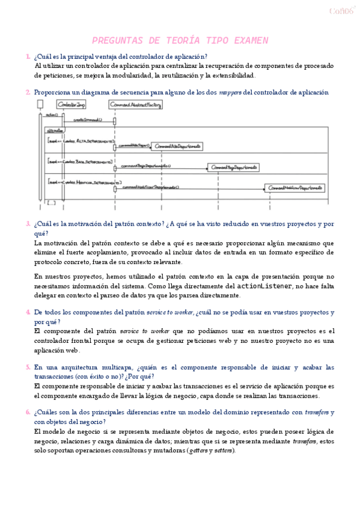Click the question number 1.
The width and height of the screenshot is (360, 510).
coord(28,57)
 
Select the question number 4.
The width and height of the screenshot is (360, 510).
coord(28,313)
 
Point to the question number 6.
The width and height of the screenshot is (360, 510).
coord(28,413)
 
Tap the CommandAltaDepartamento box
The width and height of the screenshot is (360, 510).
coord(176,146)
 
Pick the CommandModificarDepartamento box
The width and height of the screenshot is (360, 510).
coord(297,188)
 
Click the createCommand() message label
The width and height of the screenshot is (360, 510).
coord(88,120)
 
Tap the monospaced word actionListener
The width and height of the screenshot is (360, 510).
coord(266,286)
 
